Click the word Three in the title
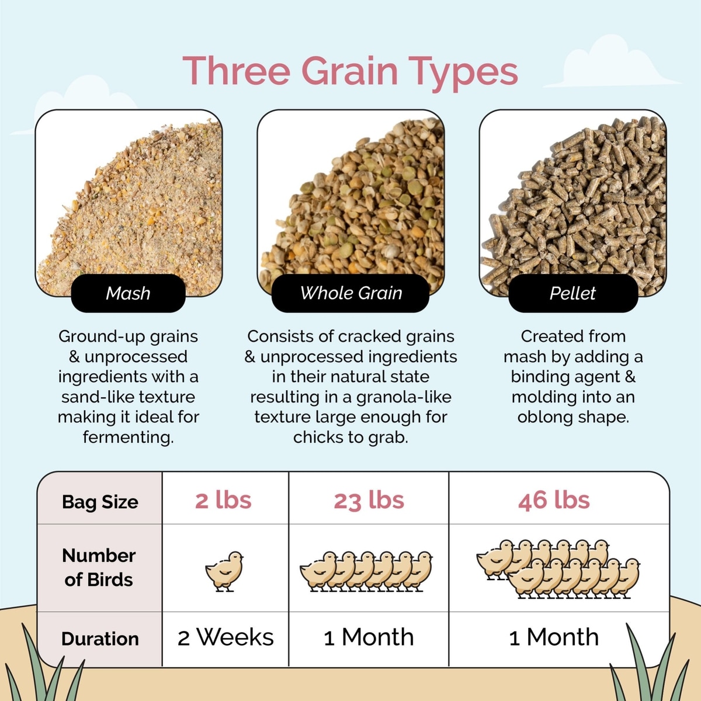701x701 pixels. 236,71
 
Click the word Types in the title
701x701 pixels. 463,74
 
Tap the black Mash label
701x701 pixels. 128,293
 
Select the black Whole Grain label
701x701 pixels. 350,293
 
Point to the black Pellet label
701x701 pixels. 573,293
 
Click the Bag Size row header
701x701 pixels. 100,502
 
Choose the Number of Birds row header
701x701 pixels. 99,567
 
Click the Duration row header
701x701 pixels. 100,639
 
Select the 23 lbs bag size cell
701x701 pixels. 369,500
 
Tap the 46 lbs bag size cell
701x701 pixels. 554,500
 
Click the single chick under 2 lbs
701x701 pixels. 224,571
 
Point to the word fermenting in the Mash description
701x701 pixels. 128,438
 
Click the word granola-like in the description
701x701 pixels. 404,397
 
